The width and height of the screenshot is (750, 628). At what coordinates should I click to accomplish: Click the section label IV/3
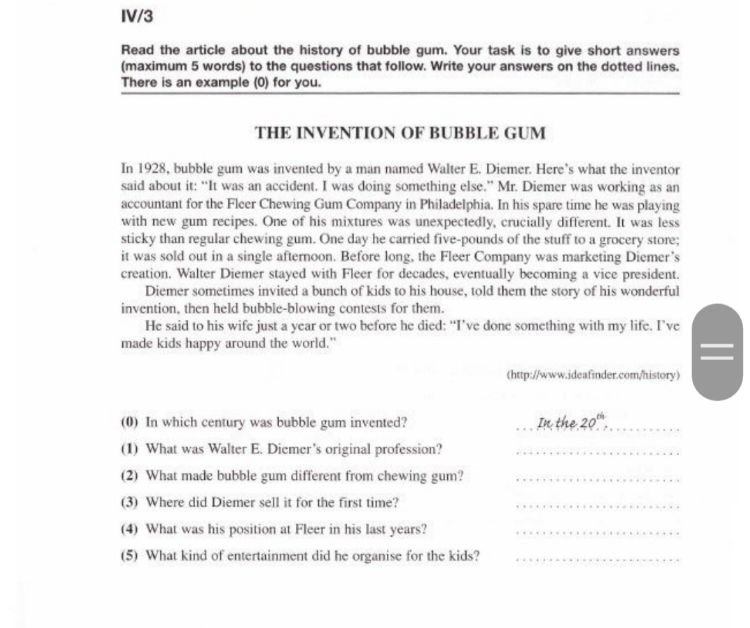coord(136,17)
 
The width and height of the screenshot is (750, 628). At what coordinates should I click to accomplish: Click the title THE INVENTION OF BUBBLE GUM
coord(401,133)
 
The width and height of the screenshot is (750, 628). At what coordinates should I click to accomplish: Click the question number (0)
coord(130,423)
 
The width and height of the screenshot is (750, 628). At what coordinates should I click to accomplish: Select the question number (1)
coord(130,449)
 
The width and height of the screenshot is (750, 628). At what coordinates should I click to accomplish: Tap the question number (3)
coord(130,502)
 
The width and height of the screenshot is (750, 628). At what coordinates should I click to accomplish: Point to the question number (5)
coord(130,556)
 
